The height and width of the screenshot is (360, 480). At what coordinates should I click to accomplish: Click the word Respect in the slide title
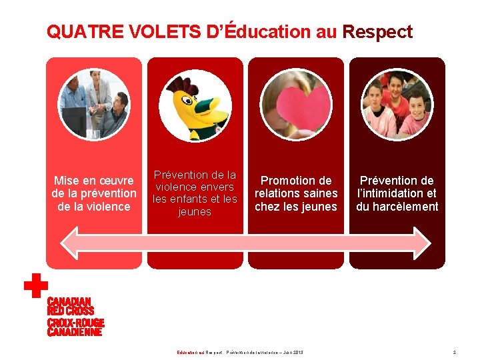point(377,32)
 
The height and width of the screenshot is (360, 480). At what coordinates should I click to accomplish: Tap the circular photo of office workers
point(94,104)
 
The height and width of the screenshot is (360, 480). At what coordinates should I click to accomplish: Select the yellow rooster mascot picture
point(195,105)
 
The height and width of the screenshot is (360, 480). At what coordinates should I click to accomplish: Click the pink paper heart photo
point(296,105)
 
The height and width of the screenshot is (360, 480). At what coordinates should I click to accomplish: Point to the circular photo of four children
point(397,105)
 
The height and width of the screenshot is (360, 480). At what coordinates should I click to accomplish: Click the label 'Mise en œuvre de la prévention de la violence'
point(94,193)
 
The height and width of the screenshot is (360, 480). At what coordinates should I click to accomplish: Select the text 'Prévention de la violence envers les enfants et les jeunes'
point(195,193)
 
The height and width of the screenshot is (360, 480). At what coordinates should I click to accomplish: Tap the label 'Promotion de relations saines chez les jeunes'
point(296,193)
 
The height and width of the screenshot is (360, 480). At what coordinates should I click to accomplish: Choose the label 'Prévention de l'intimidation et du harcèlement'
point(397,193)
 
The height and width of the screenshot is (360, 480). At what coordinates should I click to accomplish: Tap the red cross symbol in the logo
point(35,286)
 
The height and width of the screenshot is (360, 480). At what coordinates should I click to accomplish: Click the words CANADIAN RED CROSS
point(70,306)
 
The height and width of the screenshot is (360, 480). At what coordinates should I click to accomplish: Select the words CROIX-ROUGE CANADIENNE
point(75,327)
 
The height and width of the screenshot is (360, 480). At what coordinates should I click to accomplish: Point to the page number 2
point(454,352)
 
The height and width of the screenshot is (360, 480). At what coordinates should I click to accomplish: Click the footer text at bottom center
point(240,352)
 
